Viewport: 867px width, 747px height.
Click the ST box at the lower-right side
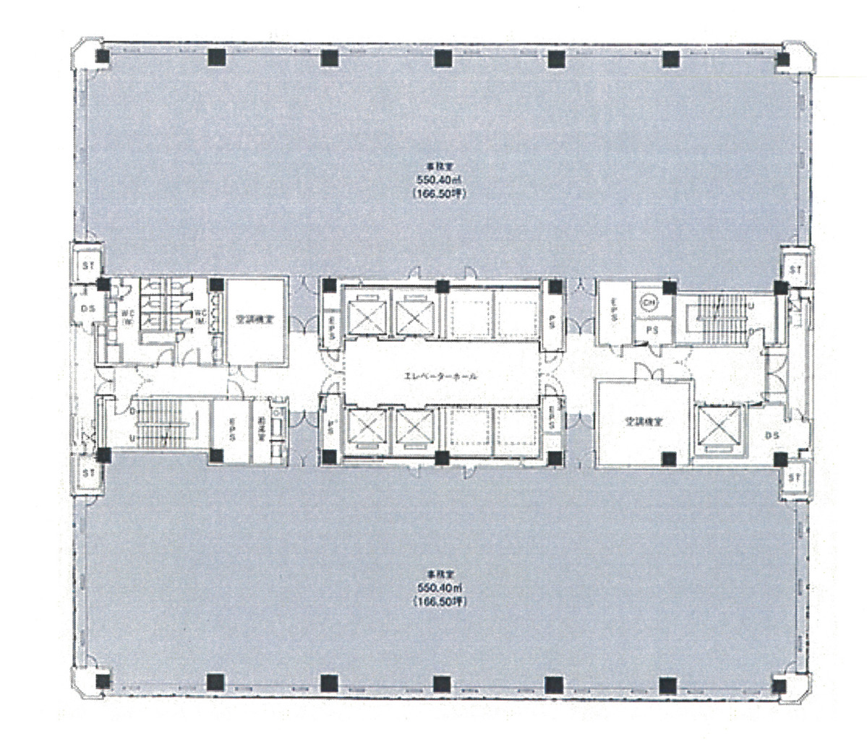tap(795, 478)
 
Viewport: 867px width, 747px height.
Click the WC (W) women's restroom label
tap(126, 315)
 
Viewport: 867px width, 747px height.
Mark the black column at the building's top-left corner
tap(103, 57)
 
